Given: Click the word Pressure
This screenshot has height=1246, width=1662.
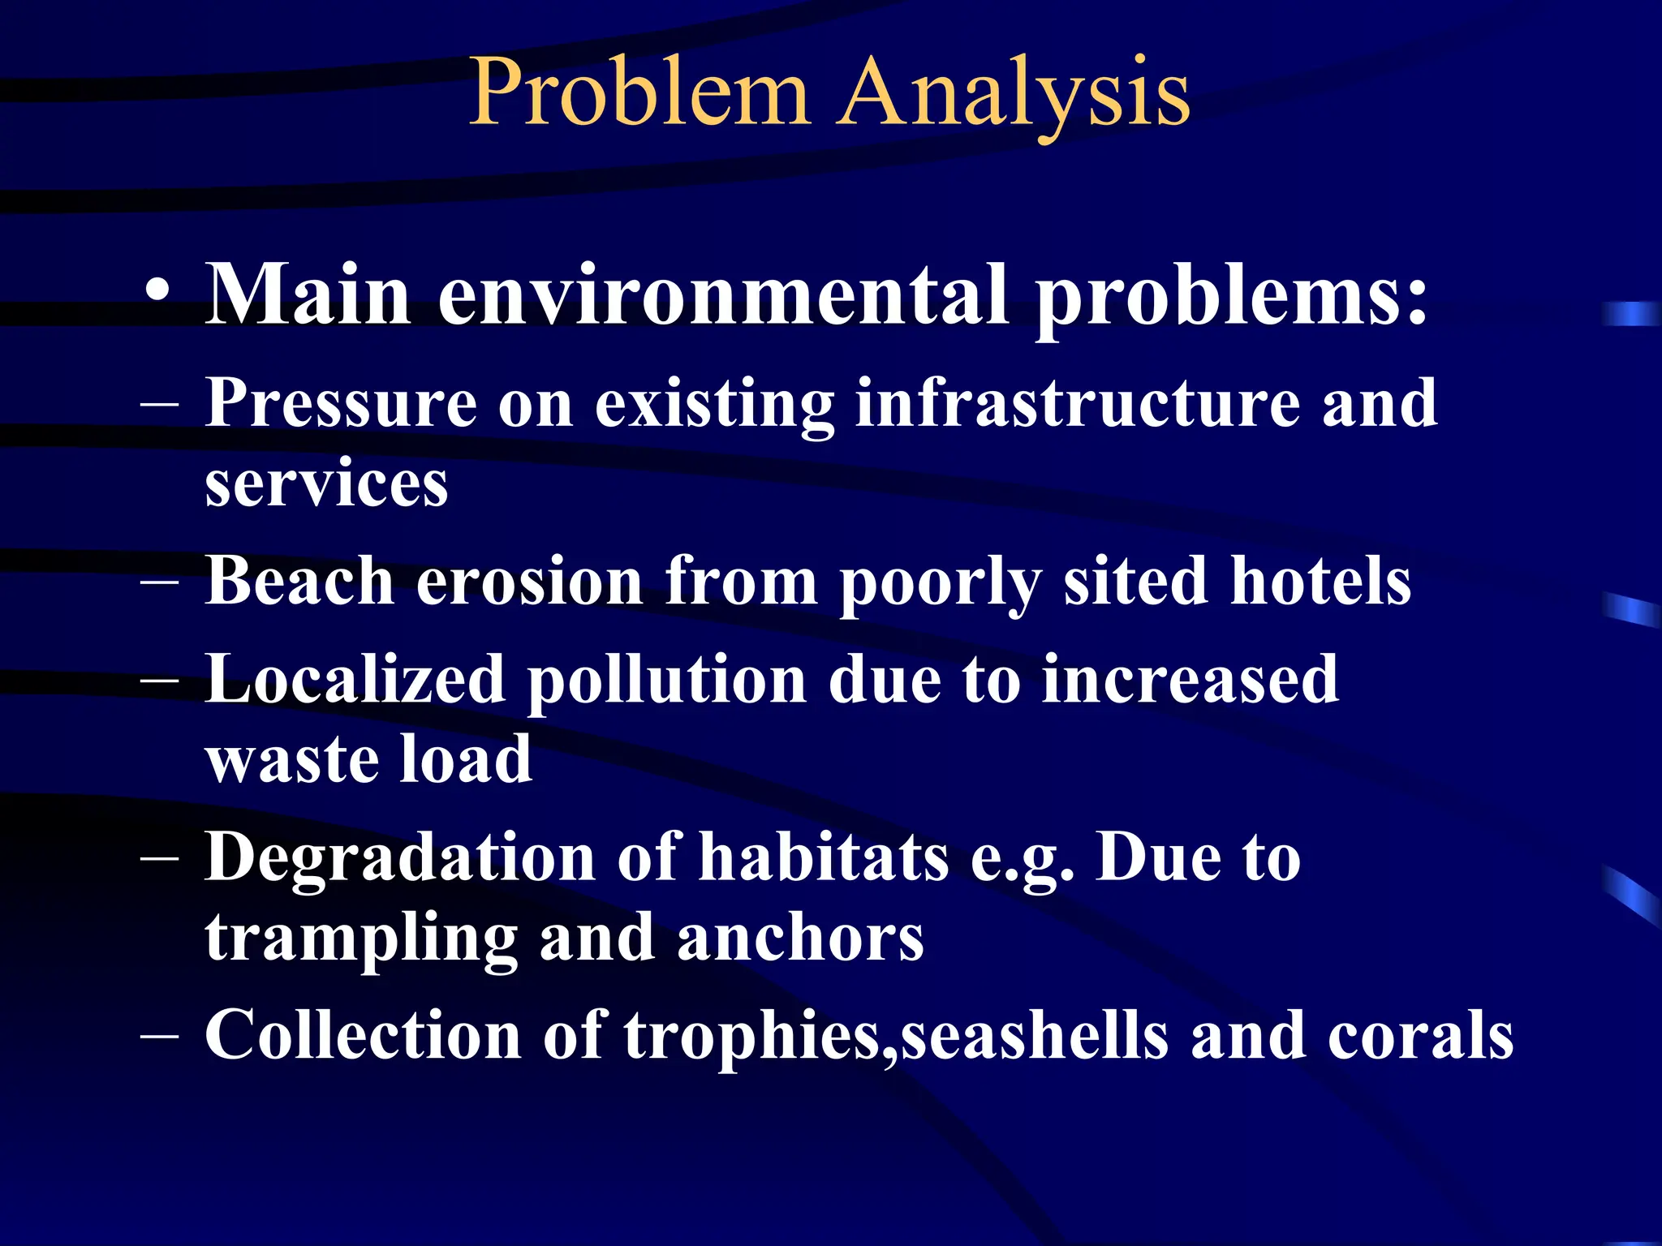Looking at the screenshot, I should [341, 403].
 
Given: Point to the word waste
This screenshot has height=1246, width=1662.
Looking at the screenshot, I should [291, 759].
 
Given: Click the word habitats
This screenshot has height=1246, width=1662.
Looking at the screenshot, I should [823, 857].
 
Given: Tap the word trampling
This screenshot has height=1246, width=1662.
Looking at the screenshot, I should [361, 939].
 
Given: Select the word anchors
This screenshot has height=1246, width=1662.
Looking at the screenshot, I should [800, 939].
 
